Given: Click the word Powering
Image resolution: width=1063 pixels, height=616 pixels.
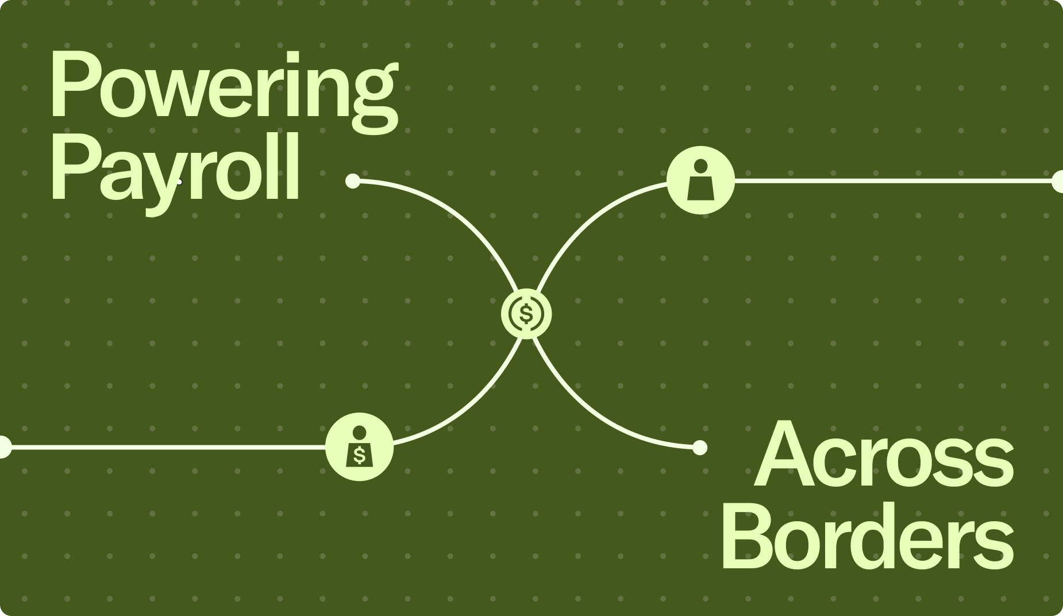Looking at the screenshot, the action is [x=224, y=86].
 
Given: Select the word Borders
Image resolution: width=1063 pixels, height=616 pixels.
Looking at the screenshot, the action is [x=868, y=537].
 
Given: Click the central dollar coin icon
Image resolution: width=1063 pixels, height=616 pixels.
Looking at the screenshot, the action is [x=526, y=314].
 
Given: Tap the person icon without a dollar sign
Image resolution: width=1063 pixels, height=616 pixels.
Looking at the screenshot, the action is [x=700, y=180].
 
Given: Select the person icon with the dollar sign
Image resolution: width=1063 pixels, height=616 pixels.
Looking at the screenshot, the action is [x=360, y=447].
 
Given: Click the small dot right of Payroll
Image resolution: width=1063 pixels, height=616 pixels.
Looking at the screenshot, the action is [x=353, y=181].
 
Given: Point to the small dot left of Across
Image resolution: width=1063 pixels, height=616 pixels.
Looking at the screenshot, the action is [x=700, y=447].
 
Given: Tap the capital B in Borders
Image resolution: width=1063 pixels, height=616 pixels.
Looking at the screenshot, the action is [x=747, y=537].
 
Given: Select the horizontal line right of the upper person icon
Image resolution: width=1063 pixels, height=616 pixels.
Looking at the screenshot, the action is [x=891, y=181].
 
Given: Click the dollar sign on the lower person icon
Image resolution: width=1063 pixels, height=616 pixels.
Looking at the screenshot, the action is [x=360, y=455].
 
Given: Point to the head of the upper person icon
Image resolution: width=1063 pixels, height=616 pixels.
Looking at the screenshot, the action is [x=700, y=167].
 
